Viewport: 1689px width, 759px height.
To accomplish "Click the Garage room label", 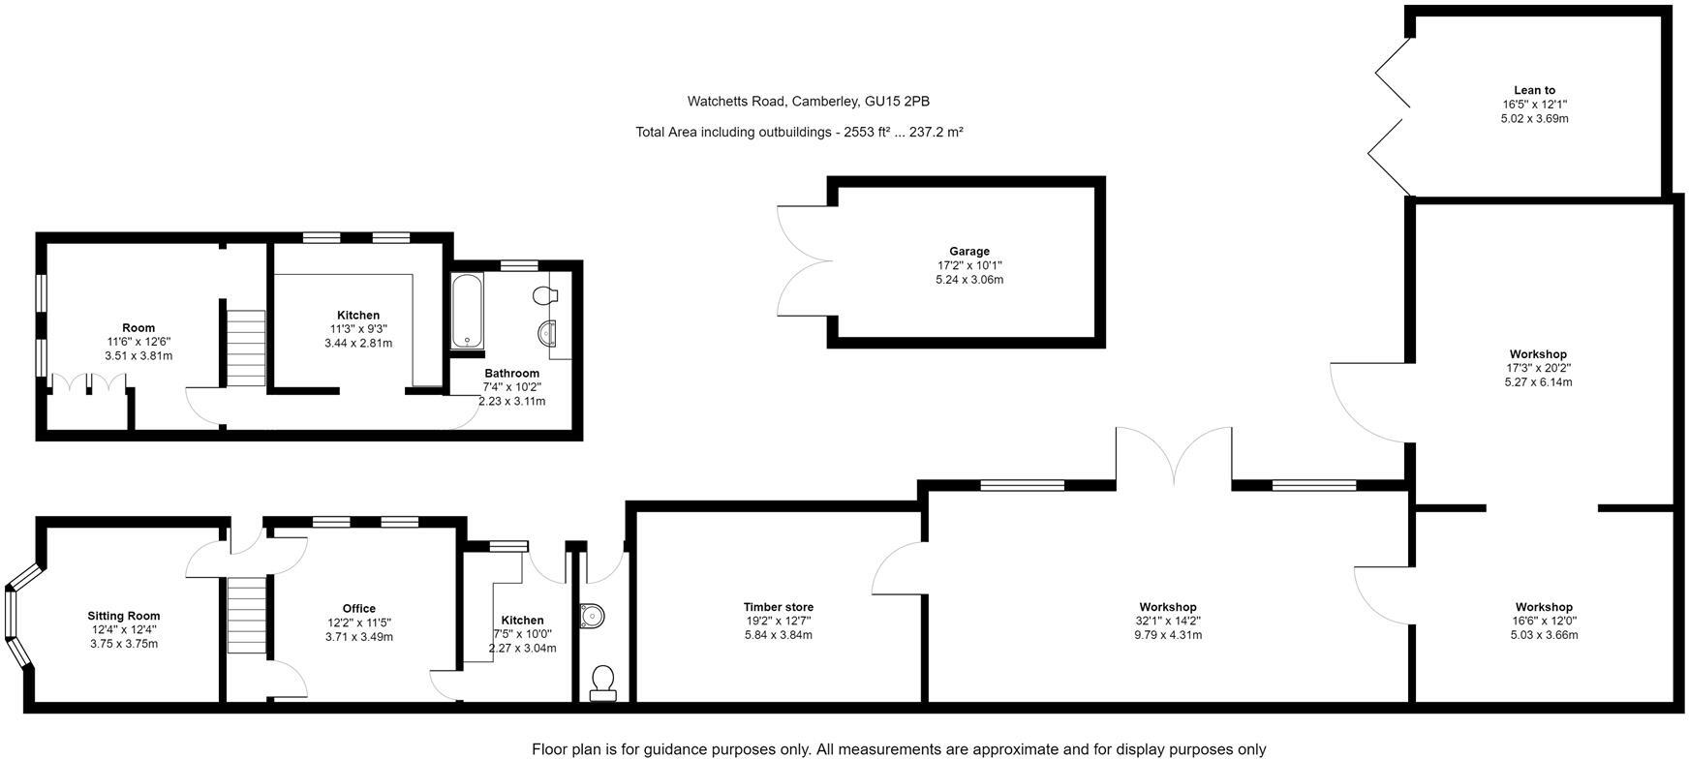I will click(968, 251).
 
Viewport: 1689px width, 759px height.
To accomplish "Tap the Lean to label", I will click(1534, 90).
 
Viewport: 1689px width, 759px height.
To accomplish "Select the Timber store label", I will click(778, 607).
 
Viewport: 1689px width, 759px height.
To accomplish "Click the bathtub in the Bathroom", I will click(466, 310).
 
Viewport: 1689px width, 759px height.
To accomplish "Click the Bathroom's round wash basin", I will click(548, 334).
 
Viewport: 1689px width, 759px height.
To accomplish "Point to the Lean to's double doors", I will click(1390, 117).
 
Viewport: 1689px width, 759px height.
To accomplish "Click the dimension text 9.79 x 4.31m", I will click(1167, 635).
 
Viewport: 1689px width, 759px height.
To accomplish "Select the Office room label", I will click(358, 609).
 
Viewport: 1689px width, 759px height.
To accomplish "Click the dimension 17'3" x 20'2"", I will click(1538, 368).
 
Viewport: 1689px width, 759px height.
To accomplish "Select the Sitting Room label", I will click(123, 616).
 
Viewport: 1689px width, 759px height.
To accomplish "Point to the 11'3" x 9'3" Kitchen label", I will click(357, 315).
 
